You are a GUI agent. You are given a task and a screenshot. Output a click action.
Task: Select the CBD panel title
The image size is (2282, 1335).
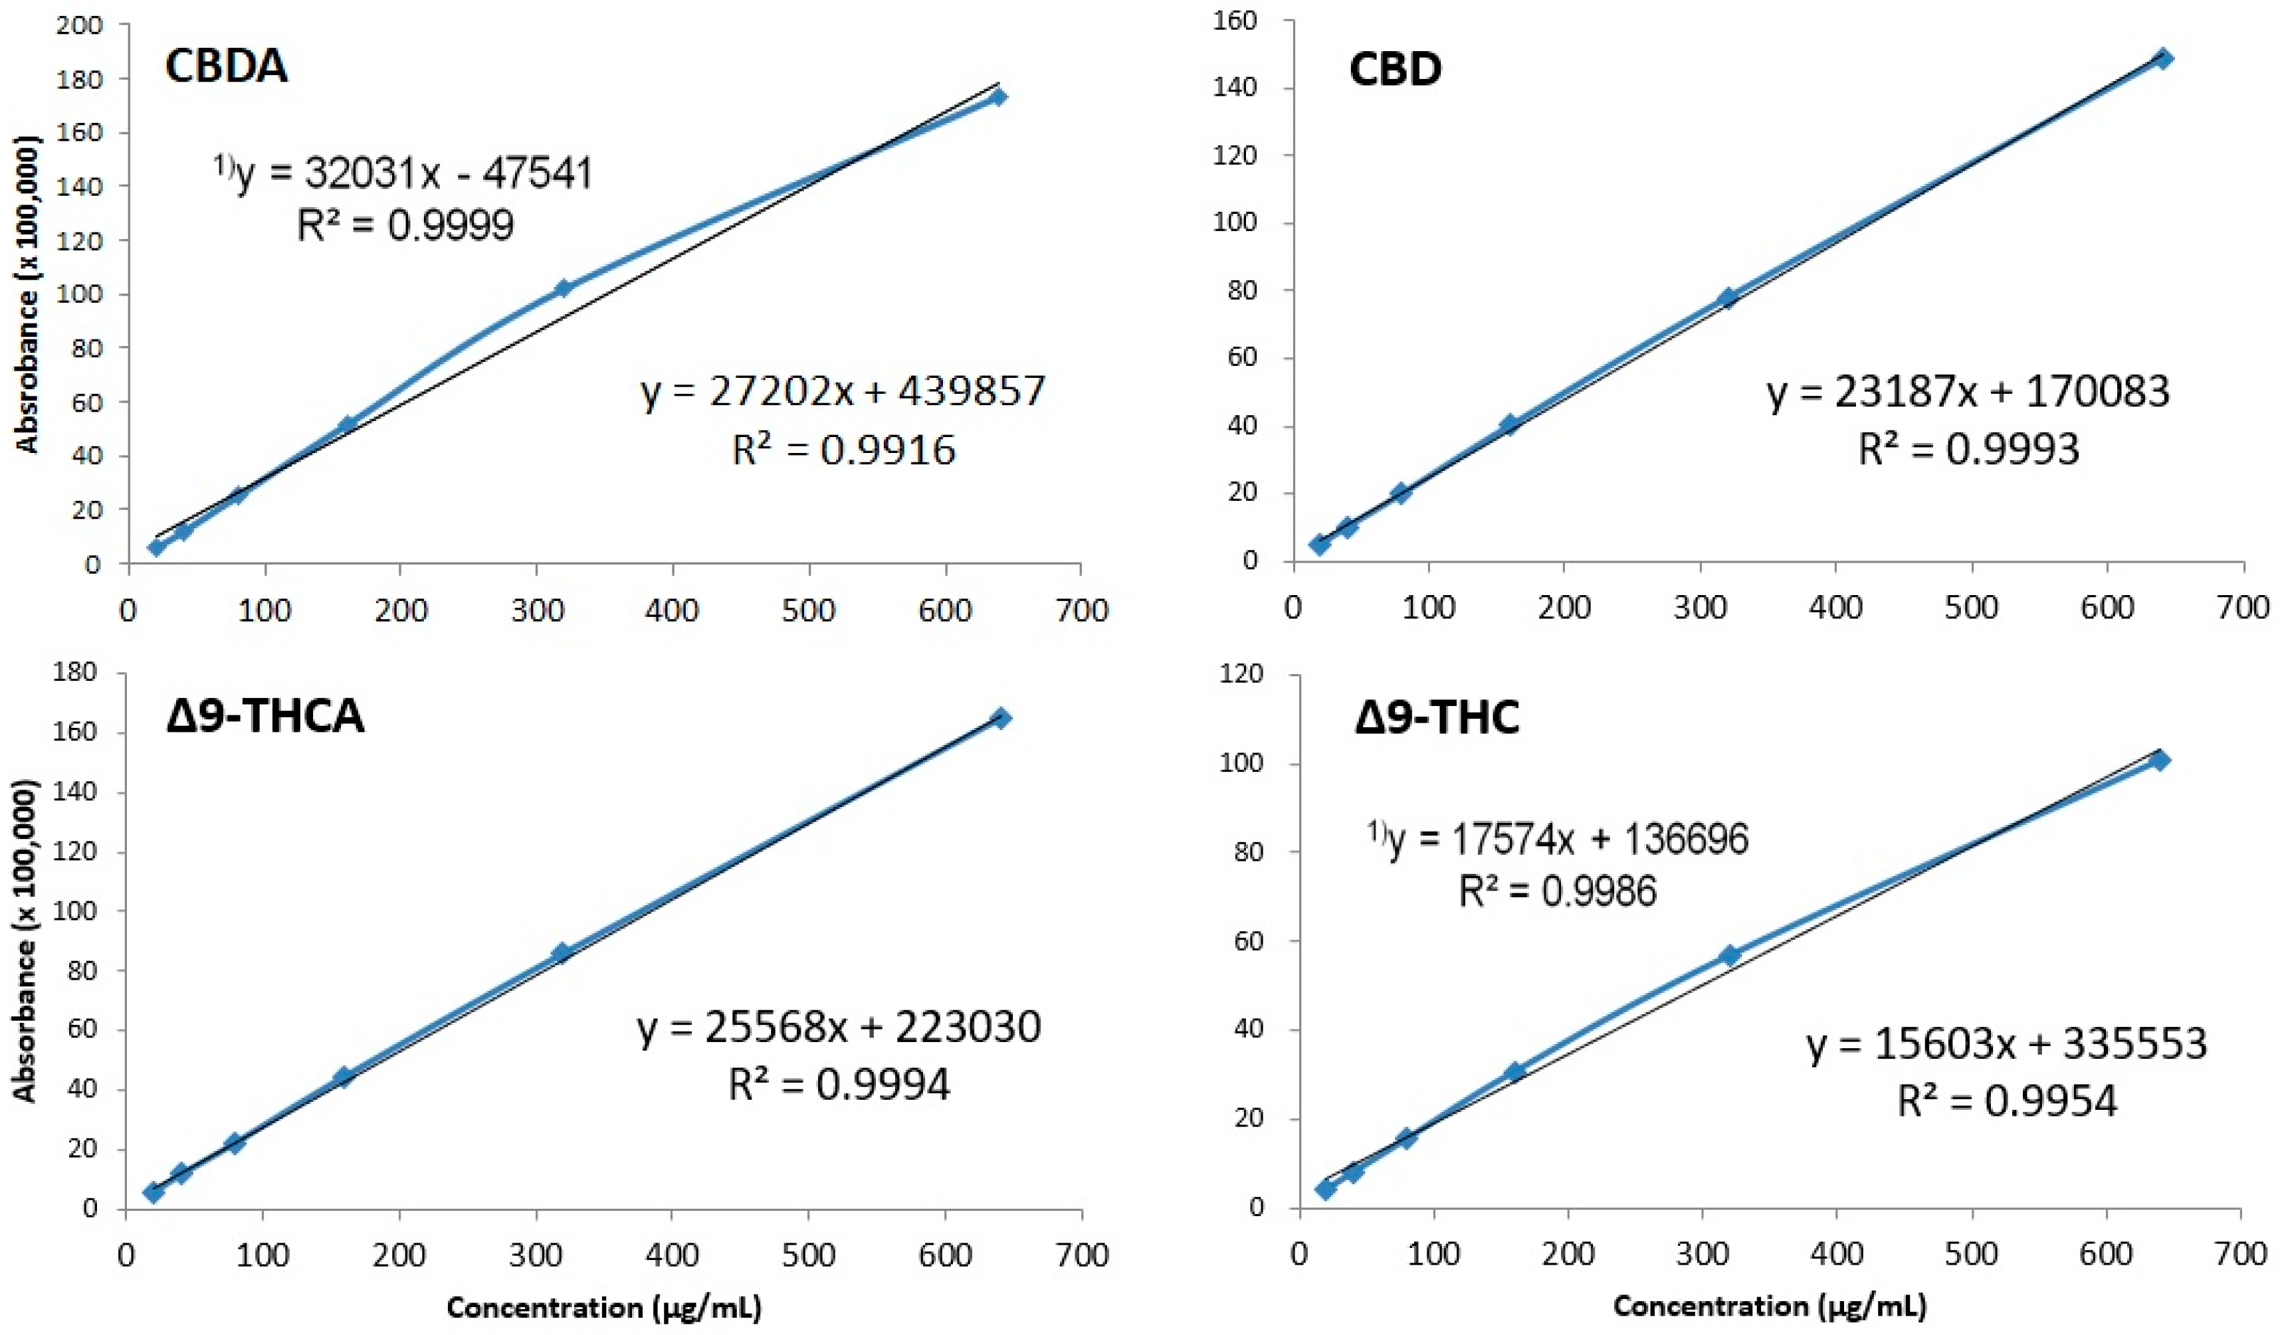(x=1395, y=70)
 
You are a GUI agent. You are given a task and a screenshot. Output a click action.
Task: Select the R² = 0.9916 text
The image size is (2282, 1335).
(x=843, y=450)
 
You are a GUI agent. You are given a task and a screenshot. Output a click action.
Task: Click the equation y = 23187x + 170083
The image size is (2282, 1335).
(x=1967, y=392)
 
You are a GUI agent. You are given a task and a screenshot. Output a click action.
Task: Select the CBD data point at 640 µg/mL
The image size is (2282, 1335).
(x=2163, y=59)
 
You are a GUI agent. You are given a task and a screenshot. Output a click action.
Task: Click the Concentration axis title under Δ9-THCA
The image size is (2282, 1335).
(x=603, y=1308)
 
